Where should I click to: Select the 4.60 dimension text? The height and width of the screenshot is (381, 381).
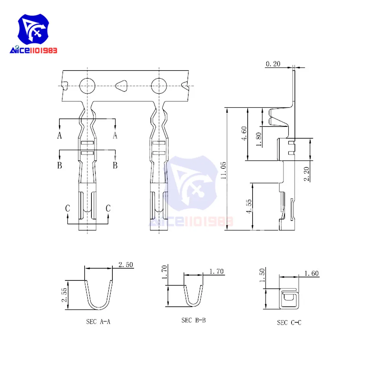tap(244, 133)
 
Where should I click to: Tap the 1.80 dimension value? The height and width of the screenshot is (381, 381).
tap(259, 138)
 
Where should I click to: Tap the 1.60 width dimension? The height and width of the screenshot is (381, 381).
tap(311, 273)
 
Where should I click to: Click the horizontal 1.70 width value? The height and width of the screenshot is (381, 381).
tap(216, 272)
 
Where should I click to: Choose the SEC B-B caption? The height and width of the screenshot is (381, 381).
tap(194, 320)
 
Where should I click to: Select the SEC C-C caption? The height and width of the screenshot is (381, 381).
tap(289, 323)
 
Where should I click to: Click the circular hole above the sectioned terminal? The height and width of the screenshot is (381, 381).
tap(87, 86)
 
